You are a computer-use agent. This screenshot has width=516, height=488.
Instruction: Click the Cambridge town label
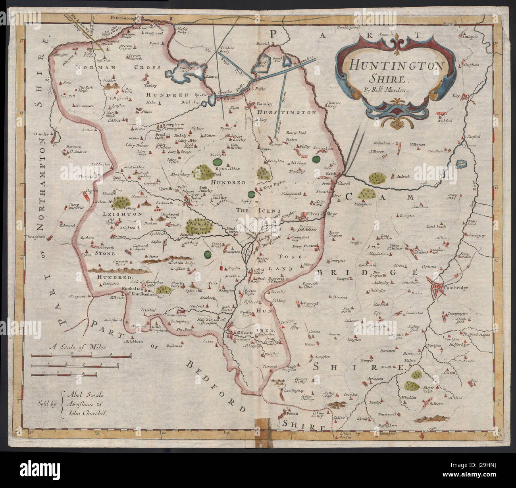(456, 288)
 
